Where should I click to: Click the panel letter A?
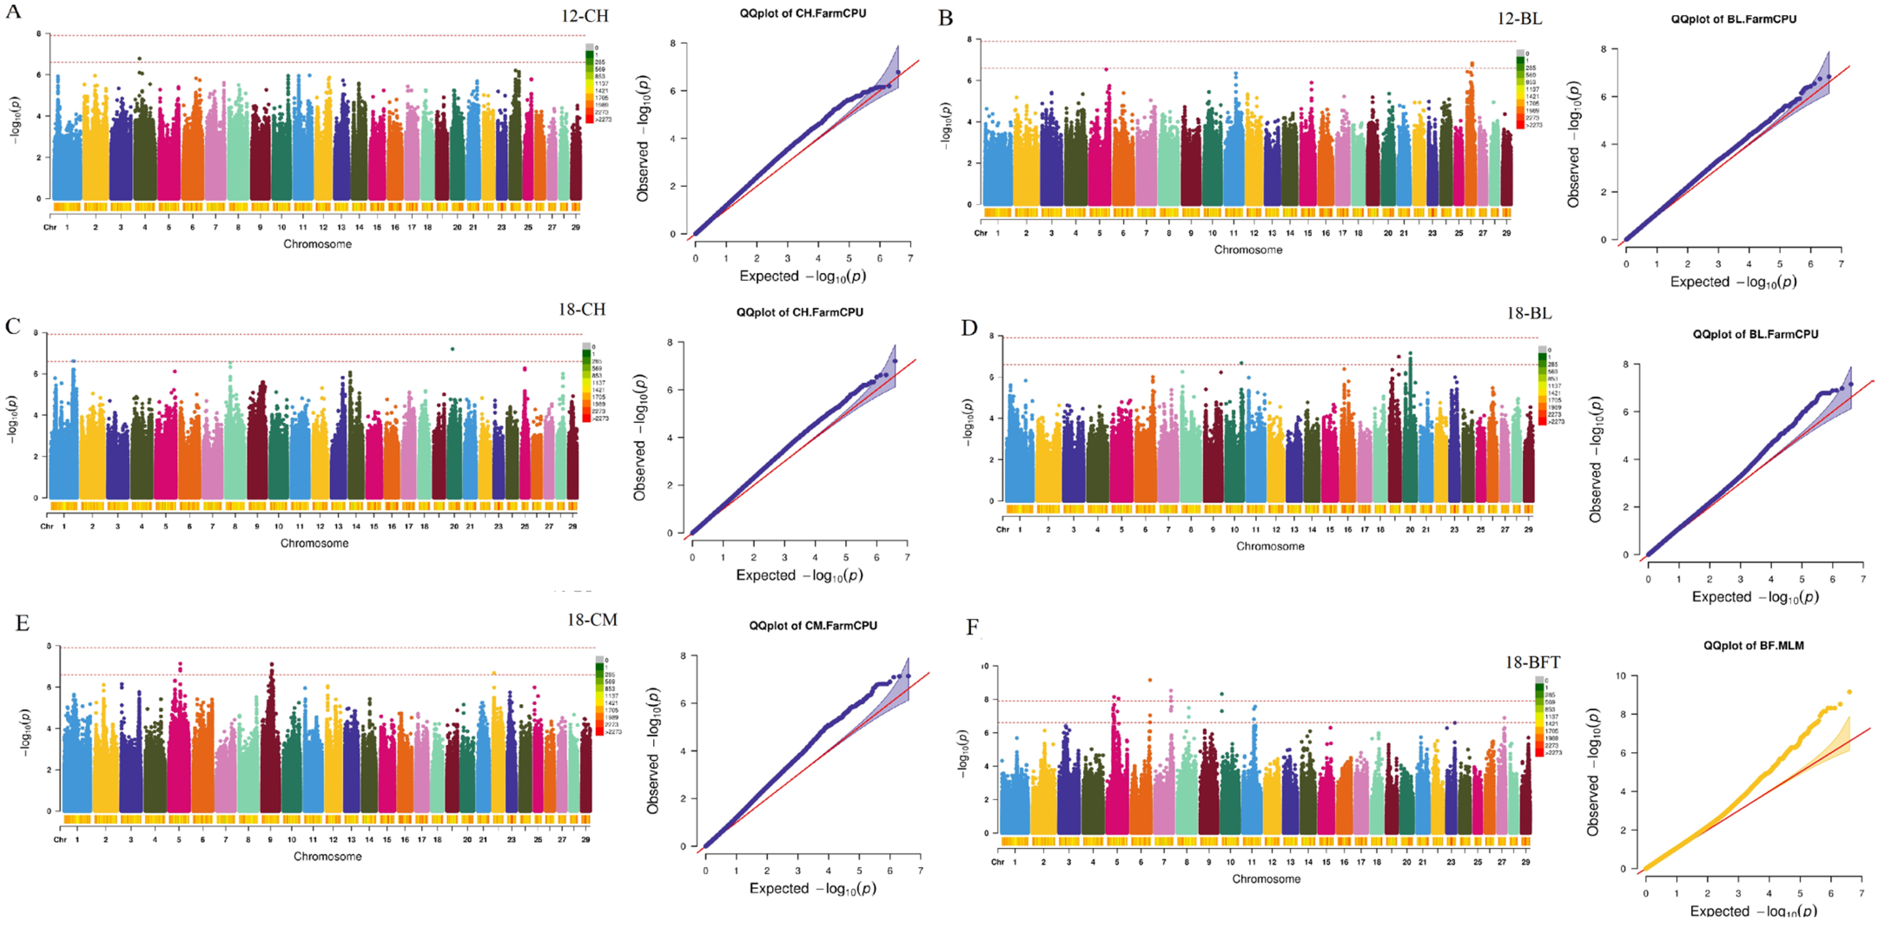13,12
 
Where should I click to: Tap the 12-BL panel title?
1520,19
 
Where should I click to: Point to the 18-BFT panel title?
1532,663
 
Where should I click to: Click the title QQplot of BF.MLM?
1753,646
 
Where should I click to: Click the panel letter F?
972,628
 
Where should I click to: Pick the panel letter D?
969,328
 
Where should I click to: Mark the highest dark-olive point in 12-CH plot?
139,59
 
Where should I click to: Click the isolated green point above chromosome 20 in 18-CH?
453,349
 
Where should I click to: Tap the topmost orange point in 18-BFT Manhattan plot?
1150,680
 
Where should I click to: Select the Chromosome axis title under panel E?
327,856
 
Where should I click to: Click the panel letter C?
12,326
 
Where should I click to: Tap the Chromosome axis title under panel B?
1248,249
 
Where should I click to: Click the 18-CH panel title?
582,309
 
